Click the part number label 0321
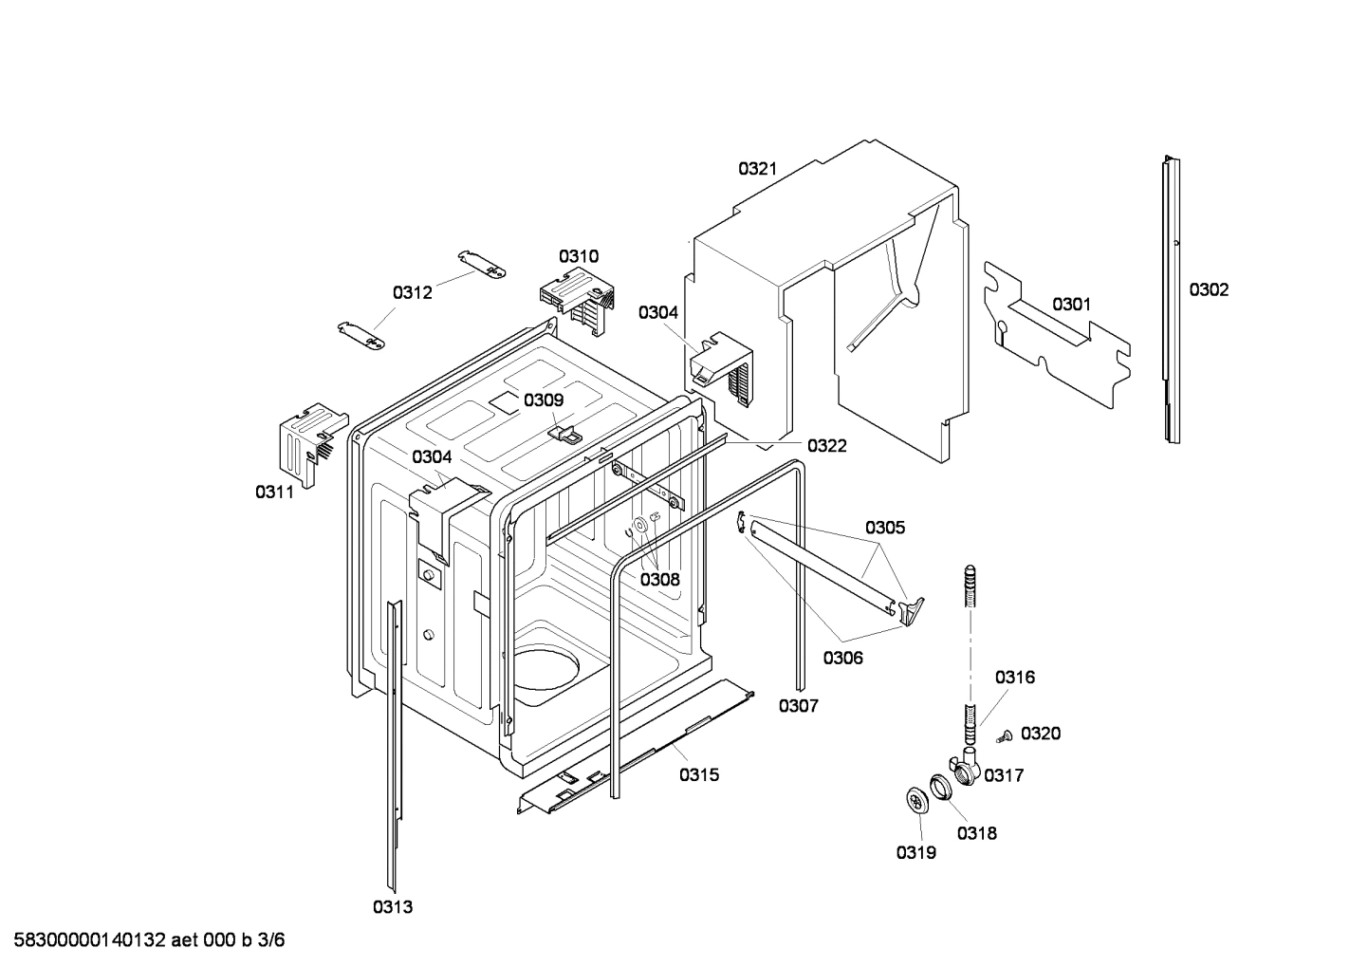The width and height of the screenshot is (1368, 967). coord(757,169)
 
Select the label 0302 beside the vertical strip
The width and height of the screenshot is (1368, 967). coord(1209,289)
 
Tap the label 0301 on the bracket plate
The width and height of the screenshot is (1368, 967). coord(1071,305)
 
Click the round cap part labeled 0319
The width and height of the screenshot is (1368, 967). coord(916,801)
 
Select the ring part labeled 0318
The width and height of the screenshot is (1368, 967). coord(939,787)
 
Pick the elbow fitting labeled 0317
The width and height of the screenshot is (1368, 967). coord(963,765)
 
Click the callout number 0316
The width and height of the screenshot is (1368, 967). coord(1014,678)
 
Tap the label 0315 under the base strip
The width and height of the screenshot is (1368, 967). coord(698,775)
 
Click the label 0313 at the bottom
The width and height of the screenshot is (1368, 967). coord(392,907)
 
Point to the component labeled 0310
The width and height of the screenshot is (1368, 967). coord(577,300)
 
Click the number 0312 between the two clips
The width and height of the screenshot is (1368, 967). coord(413,292)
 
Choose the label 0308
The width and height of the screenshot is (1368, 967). coord(659,579)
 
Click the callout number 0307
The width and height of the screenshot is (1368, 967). coord(798,705)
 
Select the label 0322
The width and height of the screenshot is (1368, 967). coord(826,446)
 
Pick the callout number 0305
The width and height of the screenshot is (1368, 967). coord(884,528)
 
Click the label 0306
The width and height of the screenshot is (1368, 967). coord(842,657)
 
